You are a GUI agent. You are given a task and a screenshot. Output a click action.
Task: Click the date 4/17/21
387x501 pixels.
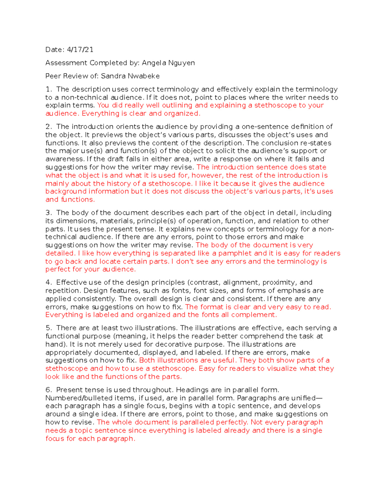80,50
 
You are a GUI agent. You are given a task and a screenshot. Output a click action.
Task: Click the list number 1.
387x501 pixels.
48,89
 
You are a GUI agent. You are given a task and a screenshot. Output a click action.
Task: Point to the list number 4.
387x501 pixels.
48,283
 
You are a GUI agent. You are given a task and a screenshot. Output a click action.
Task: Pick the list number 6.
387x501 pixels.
48,390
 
